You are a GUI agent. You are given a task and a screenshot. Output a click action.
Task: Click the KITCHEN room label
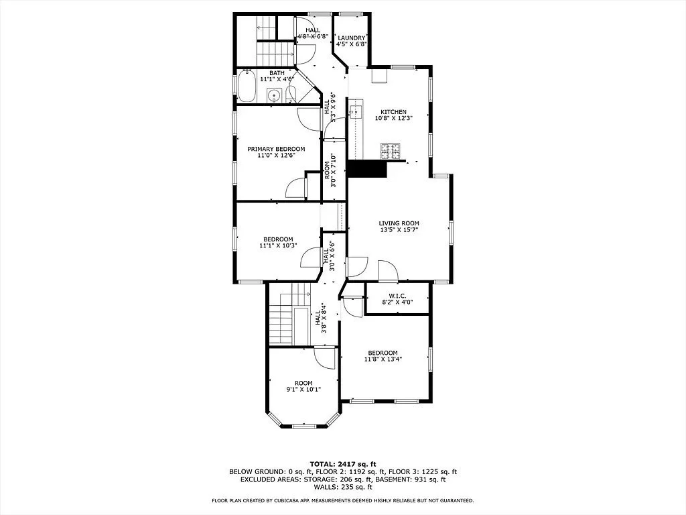point(393,112)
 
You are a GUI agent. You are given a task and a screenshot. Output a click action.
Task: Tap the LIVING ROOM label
point(399,223)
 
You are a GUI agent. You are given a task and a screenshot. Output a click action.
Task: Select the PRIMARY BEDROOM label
point(276,149)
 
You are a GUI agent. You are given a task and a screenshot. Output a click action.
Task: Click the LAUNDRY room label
point(351,38)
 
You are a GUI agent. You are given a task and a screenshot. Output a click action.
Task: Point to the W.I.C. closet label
point(397,295)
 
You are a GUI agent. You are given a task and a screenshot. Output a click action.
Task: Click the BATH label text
point(277,72)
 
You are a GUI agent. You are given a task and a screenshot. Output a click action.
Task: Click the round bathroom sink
point(273,96)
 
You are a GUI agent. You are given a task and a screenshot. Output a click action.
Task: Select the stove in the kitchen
point(390,152)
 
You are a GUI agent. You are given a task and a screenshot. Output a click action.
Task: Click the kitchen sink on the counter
point(355,111)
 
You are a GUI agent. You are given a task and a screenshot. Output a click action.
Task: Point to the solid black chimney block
point(367,169)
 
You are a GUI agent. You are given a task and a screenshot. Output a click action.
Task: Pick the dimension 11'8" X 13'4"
point(383,360)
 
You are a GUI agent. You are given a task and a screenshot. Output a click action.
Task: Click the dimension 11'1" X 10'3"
point(277,246)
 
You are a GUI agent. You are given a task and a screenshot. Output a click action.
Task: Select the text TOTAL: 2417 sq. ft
point(343,464)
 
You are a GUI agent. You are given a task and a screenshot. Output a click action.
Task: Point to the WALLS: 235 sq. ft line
point(343,488)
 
